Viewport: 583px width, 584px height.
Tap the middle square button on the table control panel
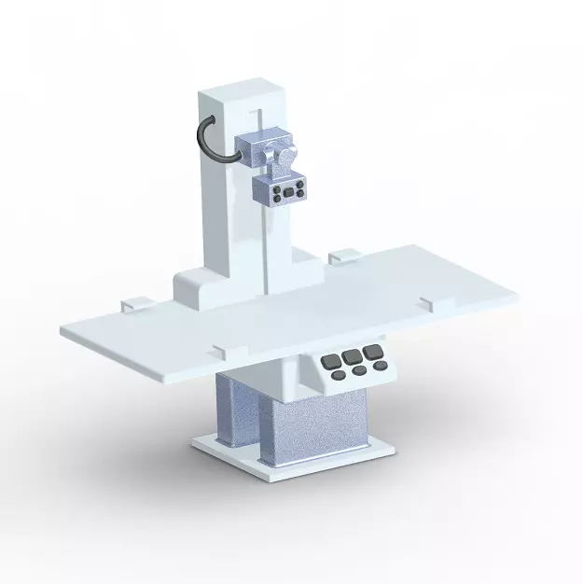pos(352,355)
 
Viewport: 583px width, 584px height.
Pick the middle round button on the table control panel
pos(360,371)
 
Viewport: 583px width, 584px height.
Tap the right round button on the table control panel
pos(381,367)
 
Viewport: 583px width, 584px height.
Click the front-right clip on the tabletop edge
pos(427,301)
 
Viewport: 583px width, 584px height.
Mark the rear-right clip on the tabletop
pos(343,254)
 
